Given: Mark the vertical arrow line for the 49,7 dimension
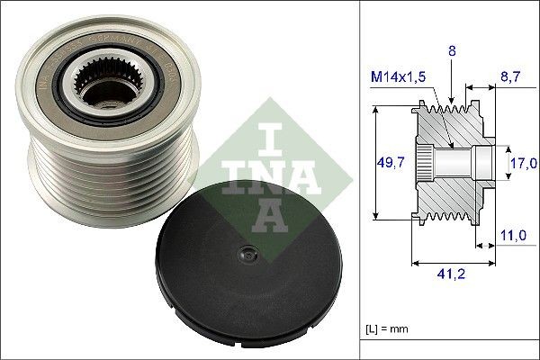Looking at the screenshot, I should (x=371, y=163).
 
